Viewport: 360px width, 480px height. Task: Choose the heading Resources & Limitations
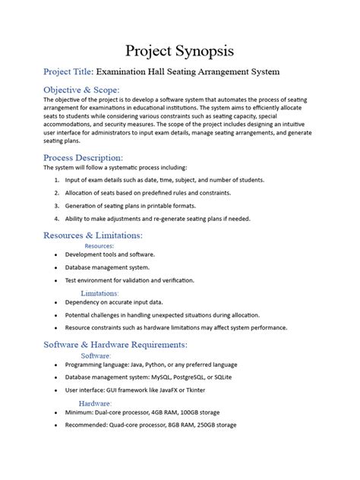coord(93,235)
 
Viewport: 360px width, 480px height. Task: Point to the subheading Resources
coord(99,246)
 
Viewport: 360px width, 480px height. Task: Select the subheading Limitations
coord(99,292)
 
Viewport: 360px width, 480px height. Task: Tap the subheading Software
coord(96,355)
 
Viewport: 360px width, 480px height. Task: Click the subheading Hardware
coord(96,403)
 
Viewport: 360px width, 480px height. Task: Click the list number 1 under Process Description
coord(57,180)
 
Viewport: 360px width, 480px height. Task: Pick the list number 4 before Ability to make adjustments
coord(57,219)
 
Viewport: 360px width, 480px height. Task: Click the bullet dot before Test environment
coord(56,280)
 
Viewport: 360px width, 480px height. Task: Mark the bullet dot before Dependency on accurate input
coord(56,302)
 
